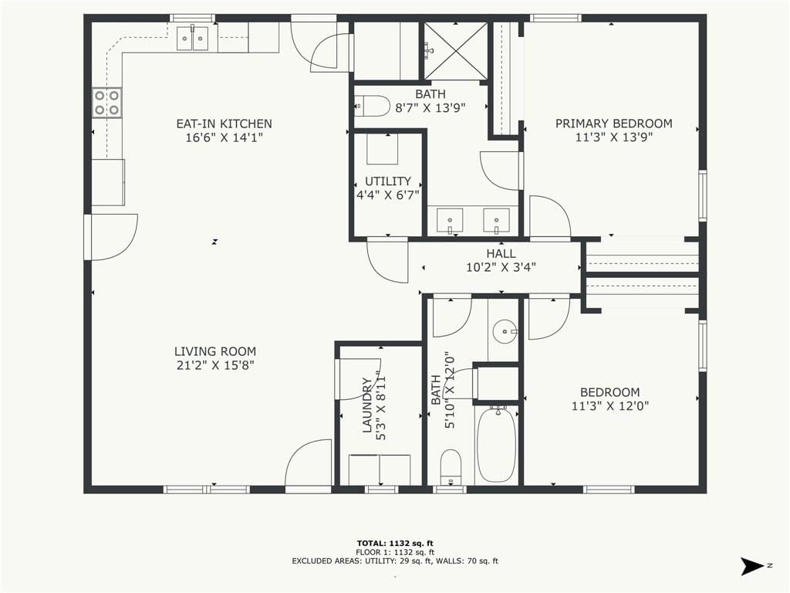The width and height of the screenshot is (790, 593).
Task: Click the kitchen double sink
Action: (193, 37)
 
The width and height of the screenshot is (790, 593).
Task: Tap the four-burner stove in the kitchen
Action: (107, 103)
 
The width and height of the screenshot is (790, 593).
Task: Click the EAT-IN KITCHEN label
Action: (225, 124)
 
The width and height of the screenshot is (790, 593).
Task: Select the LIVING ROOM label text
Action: (215, 351)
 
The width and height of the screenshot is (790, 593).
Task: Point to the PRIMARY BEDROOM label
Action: (613, 124)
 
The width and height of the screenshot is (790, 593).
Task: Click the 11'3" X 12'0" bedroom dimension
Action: (610, 405)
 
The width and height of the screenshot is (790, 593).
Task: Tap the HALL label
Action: (501, 253)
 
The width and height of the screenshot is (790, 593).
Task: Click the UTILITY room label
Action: (388, 181)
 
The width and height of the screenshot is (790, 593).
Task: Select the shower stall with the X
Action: (455, 51)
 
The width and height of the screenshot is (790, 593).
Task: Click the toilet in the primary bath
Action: (373, 106)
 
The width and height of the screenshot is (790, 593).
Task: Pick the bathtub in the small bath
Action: (497, 444)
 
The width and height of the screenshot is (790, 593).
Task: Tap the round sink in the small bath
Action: (504, 331)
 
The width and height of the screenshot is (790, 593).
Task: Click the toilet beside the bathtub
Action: (451, 467)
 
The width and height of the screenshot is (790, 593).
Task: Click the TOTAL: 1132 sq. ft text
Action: (395, 543)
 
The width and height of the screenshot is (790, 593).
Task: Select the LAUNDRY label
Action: (367, 405)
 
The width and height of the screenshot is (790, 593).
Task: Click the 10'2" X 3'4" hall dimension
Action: (501, 267)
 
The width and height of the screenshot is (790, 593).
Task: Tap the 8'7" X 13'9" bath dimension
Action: (430, 107)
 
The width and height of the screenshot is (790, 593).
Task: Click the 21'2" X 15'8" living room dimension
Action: (215, 365)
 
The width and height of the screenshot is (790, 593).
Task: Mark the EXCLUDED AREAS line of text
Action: (395, 561)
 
